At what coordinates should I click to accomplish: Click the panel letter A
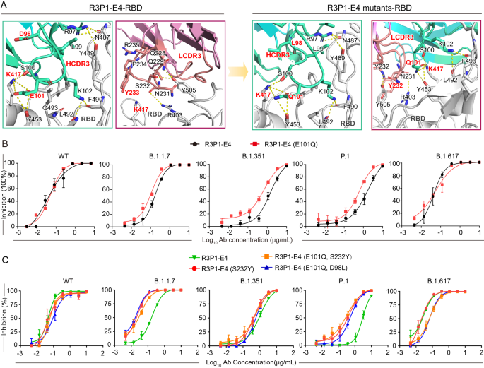pyautogui.click(x=6, y=6)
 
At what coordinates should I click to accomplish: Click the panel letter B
pyautogui.click(x=6, y=143)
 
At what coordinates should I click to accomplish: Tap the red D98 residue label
pyautogui.click(x=25, y=34)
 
